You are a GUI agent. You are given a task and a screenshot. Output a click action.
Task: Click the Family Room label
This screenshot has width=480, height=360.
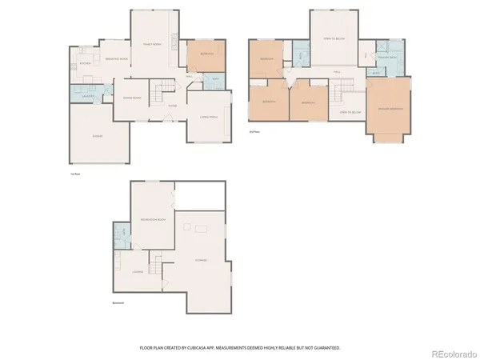(152, 44)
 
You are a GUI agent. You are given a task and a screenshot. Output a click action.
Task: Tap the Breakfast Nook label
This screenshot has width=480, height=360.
(117, 59)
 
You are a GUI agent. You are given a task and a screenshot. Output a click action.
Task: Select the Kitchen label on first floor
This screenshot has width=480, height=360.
(86, 63)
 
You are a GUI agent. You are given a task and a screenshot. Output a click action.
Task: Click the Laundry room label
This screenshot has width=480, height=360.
(89, 96)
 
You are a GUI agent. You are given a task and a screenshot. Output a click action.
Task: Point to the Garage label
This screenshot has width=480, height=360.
(98, 136)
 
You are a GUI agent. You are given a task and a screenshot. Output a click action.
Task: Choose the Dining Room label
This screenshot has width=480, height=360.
(132, 98)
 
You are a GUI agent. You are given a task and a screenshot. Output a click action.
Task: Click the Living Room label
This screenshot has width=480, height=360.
(208, 117)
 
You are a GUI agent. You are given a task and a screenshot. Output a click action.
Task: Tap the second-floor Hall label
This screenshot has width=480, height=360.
(337, 72)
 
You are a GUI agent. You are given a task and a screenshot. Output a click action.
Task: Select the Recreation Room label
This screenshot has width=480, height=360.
(152, 219)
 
